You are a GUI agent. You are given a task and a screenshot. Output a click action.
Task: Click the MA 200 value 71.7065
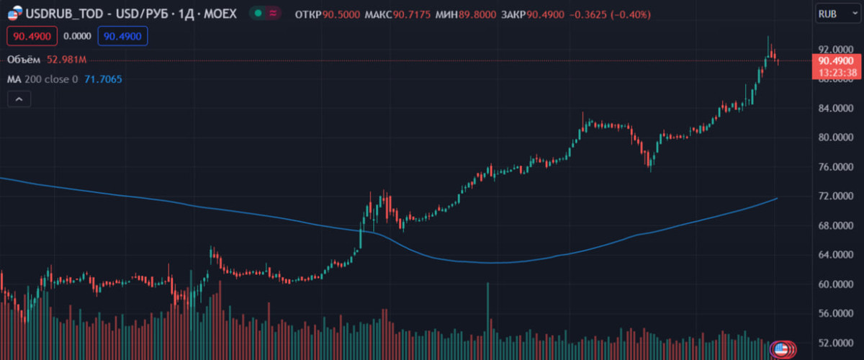tap(102, 79)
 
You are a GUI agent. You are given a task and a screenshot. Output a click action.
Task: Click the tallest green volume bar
tap(488, 317)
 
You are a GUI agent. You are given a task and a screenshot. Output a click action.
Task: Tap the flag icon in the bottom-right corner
tap(779, 349)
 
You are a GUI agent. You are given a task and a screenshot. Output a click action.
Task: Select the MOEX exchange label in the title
tap(220, 14)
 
